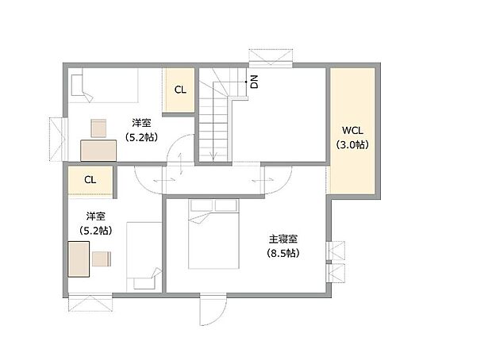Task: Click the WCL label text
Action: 352,131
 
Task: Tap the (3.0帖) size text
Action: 352,144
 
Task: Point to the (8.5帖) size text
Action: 283,254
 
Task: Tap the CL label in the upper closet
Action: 180,90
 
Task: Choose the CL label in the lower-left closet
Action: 90,179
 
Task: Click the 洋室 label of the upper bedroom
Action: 142,123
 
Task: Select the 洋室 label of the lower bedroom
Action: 95,216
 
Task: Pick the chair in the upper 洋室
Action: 99,127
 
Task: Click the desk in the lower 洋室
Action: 79,259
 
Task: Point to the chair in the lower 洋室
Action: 102,259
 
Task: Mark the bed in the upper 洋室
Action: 103,86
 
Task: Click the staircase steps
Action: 213,119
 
